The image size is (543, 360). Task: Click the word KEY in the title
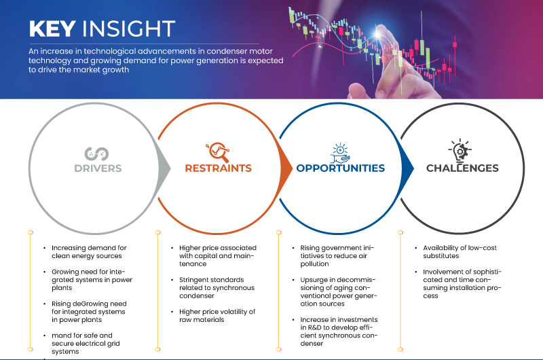click(x=52, y=29)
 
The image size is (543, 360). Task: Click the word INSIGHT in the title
click(x=129, y=29)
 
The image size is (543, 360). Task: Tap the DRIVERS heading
click(x=98, y=168)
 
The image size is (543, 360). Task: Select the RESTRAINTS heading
click(x=218, y=168)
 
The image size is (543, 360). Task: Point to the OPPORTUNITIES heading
click(x=341, y=168)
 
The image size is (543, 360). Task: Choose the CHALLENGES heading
click(x=462, y=168)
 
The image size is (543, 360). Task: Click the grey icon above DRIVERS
click(x=96, y=154)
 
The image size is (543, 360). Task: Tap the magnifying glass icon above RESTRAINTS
click(x=217, y=151)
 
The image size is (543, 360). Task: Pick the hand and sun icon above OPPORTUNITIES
click(x=340, y=153)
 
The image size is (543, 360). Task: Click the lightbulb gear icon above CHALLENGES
click(x=460, y=151)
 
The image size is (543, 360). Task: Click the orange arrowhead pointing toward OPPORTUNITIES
click(x=286, y=168)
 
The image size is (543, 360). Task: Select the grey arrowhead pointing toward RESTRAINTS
click(x=164, y=168)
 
